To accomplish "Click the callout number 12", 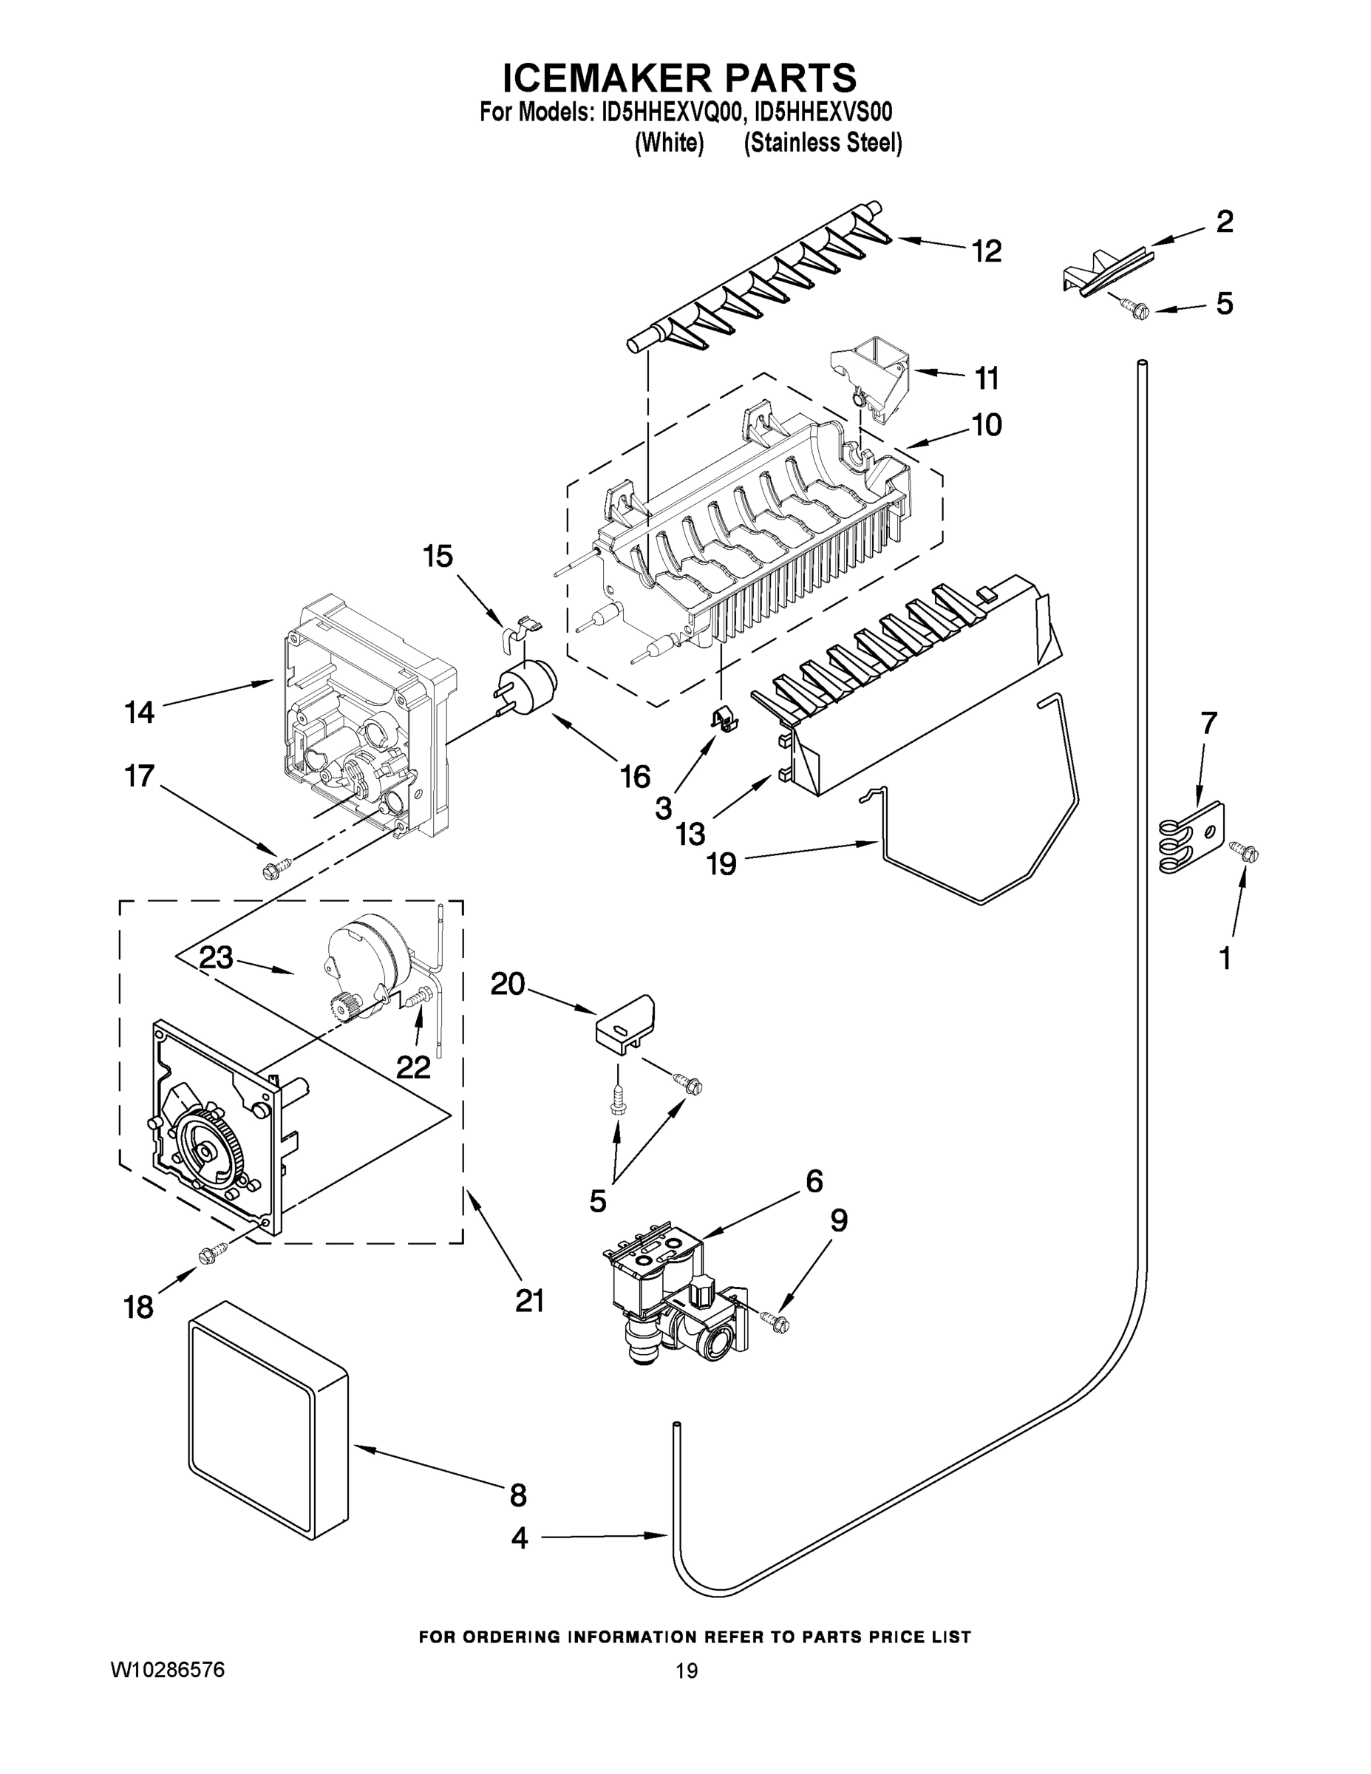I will (987, 251).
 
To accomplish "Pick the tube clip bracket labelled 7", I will (1191, 838).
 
